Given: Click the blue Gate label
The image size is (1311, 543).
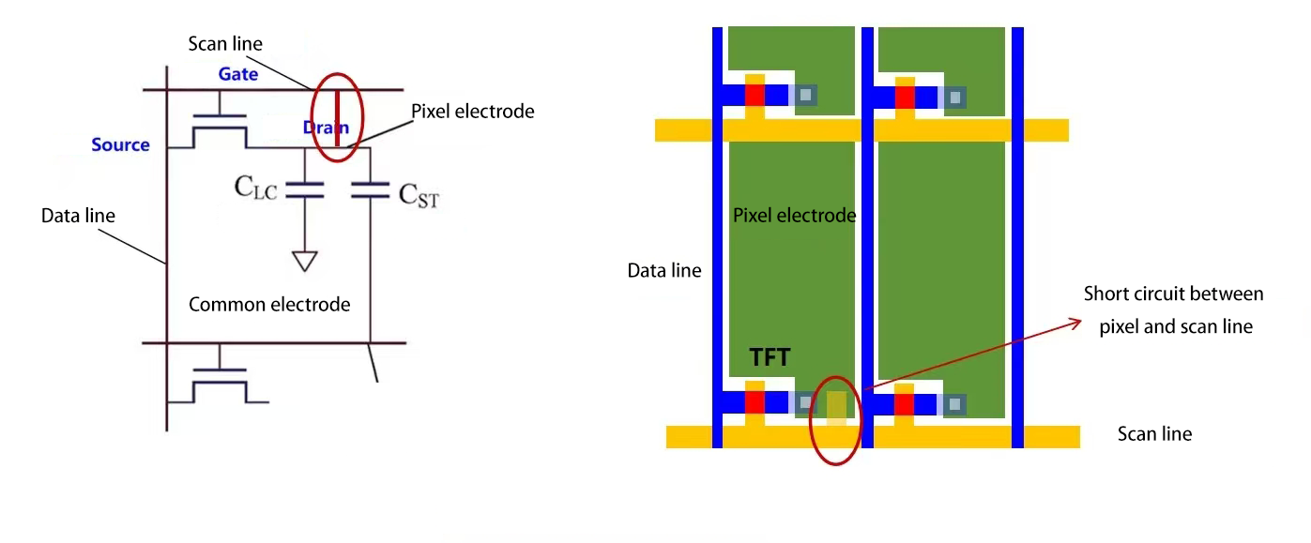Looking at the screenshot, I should click(238, 73).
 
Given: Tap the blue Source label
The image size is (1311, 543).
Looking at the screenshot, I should click(120, 144).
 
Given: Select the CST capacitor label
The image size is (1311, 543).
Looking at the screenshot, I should click(419, 195).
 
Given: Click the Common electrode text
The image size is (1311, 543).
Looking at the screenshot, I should click(269, 304).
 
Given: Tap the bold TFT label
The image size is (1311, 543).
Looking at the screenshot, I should click(770, 357).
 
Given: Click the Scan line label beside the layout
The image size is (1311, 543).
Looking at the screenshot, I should click(1154, 434).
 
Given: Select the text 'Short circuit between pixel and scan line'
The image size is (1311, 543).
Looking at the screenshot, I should click(1173, 310).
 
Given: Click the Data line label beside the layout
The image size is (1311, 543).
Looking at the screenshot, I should click(663, 271).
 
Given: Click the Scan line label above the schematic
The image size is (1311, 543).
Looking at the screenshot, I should click(225, 44).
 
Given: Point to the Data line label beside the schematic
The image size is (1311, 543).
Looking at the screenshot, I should click(78, 216).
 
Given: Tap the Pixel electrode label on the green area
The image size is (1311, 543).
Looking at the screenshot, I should click(794, 216).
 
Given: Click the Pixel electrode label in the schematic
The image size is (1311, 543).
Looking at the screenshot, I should click(473, 112).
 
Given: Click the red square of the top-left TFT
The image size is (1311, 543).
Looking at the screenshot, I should click(755, 95).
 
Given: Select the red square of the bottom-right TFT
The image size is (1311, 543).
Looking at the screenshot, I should click(905, 404).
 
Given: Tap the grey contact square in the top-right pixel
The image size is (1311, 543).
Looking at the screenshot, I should click(955, 96).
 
